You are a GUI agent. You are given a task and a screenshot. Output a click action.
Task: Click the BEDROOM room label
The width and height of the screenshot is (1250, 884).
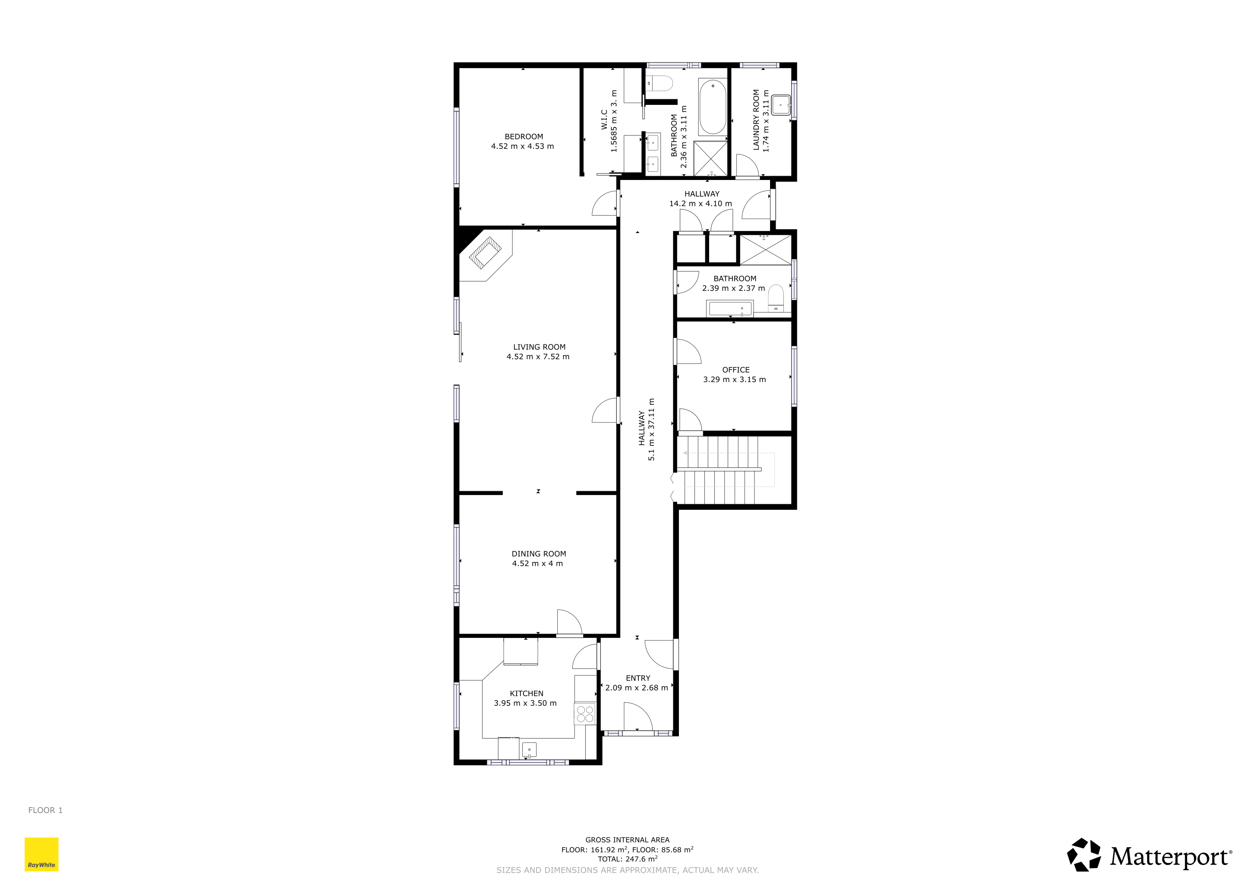pyautogui.click(x=523, y=137)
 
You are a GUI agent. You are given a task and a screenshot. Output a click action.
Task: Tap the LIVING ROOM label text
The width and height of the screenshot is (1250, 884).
pyautogui.click(x=539, y=347)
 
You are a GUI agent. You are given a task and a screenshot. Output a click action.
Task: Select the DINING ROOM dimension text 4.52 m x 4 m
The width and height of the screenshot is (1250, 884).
pyautogui.click(x=537, y=563)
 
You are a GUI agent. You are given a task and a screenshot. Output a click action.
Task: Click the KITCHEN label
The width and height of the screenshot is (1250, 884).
pyautogui.click(x=527, y=694)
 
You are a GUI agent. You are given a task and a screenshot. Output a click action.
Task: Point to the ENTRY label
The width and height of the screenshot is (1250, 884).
pyautogui.click(x=638, y=678)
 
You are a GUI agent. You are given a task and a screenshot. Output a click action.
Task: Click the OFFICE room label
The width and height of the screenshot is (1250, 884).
pyautogui.click(x=735, y=369)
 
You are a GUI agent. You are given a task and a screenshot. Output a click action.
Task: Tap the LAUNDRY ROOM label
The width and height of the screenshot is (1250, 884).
pyautogui.click(x=756, y=120)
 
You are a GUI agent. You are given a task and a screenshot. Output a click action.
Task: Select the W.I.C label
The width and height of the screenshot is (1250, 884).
pyautogui.click(x=604, y=120)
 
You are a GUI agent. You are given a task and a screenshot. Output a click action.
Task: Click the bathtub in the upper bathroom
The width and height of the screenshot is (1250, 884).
pyautogui.click(x=713, y=107)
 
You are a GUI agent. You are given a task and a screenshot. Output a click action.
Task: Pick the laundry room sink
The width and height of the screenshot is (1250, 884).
pyautogui.click(x=781, y=105)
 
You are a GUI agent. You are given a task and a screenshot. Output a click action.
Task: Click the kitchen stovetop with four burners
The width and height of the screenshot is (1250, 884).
pyautogui.click(x=585, y=714)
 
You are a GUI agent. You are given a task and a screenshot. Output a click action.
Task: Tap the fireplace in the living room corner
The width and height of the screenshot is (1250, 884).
pyautogui.click(x=485, y=253)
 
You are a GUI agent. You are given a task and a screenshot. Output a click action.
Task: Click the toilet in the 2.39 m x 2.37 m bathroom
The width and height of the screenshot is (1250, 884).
pyautogui.click(x=776, y=298)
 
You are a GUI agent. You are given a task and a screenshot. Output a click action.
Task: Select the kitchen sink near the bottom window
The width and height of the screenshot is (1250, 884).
pyautogui.click(x=529, y=750)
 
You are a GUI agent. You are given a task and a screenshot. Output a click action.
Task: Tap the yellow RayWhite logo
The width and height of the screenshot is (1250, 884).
pyautogui.click(x=41, y=854)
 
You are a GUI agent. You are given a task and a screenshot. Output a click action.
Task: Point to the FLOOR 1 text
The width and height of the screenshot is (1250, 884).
pyautogui.click(x=45, y=810)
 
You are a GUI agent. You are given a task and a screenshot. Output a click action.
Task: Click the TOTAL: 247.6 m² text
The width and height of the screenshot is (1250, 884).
pyautogui.click(x=627, y=859)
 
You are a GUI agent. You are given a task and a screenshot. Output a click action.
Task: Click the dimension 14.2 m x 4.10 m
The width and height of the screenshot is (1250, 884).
pyautogui.click(x=701, y=204)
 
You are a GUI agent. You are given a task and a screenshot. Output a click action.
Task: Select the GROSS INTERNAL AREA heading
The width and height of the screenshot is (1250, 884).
pyautogui.click(x=627, y=840)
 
